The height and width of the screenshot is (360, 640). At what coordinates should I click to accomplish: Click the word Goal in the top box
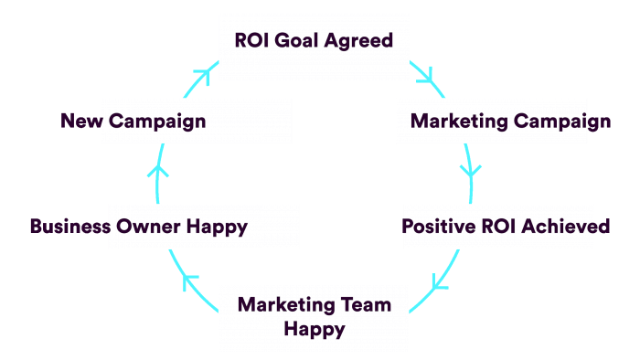click(293, 40)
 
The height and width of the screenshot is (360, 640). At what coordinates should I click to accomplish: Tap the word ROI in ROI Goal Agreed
click(252, 40)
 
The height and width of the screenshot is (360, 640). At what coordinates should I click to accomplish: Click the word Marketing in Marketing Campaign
click(459, 121)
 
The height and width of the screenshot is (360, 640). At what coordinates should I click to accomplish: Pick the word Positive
click(437, 227)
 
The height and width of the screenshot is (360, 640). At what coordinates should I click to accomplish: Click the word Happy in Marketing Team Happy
click(314, 328)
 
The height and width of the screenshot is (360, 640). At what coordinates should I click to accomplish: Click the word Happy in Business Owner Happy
click(217, 227)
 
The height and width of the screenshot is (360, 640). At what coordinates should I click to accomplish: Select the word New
click(80, 121)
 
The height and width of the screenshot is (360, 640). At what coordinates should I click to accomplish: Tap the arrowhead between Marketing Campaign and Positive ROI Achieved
click(471, 171)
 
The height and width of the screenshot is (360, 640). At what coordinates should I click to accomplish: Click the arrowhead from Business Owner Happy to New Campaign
click(158, 170)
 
